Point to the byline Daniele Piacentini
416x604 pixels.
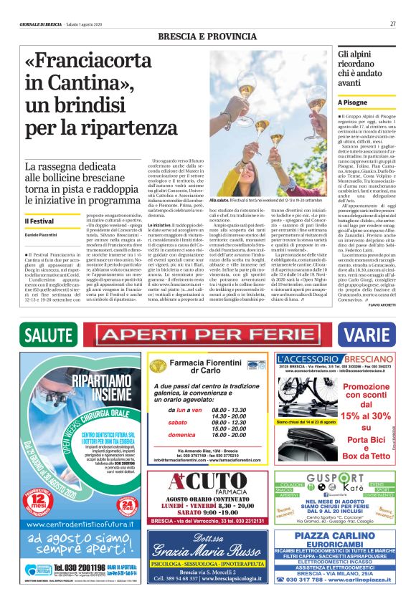(x=42, y=235)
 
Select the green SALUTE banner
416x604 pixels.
(x=49, y=335)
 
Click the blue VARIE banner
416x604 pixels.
(x=367, y=335)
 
